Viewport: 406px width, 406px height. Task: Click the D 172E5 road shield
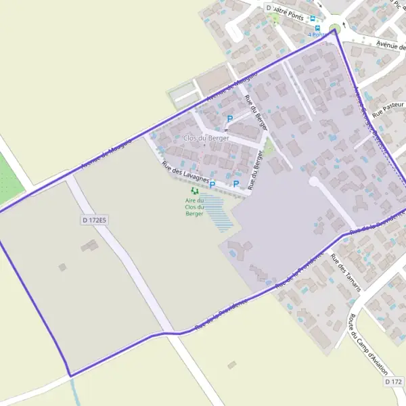click(95, 220)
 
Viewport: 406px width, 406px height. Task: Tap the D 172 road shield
click(393, 382)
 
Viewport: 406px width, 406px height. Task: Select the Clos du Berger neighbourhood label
click(206, 138)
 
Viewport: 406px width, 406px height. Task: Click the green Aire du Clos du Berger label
click(195, 206)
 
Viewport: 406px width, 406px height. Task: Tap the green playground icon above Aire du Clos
click(195, 191)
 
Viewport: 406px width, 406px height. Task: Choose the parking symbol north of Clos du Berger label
click(229, 119)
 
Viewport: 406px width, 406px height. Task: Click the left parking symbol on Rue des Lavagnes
click(212, 184)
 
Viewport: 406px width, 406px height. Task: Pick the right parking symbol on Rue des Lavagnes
click(236, 184)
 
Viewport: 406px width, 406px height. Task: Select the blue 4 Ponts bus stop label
click(317, 35)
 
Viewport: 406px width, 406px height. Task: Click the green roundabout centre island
click(334, 28)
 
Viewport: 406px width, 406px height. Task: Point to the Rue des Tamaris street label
click(347, 273)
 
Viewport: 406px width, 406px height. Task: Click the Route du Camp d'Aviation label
click(365, 346)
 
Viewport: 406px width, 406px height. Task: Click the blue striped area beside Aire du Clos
click(215, 211)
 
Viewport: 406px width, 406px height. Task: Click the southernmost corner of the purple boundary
click(70, 376)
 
